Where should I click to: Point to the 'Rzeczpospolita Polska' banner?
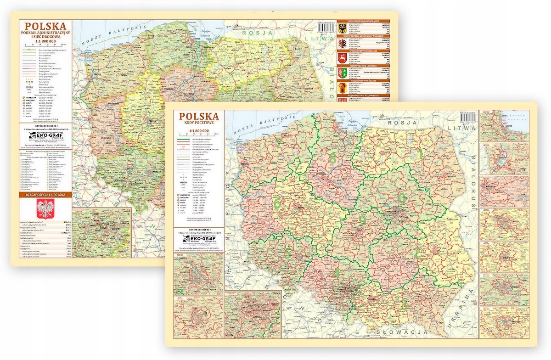[x=45, y=194]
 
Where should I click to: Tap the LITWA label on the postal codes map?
[x=463, y=129]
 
